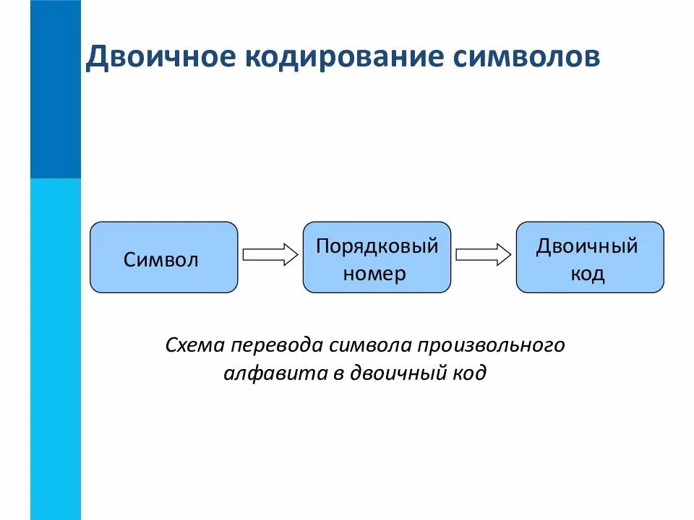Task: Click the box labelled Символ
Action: click(163, 257)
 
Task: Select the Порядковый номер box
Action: click(377, 257)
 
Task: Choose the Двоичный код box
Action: click(590, 257)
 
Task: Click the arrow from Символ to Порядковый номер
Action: click(270, 254)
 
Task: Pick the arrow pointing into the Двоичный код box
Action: click(484, 254)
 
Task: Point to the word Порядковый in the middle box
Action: click(377, 246)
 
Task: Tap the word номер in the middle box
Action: click(374, 274)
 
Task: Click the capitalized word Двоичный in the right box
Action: click(587, 246)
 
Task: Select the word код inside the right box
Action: click(587, 274)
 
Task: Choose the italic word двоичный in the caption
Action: click(396, 373)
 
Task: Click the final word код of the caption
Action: click(468, 373)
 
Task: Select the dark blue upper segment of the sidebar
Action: click(56, 89)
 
